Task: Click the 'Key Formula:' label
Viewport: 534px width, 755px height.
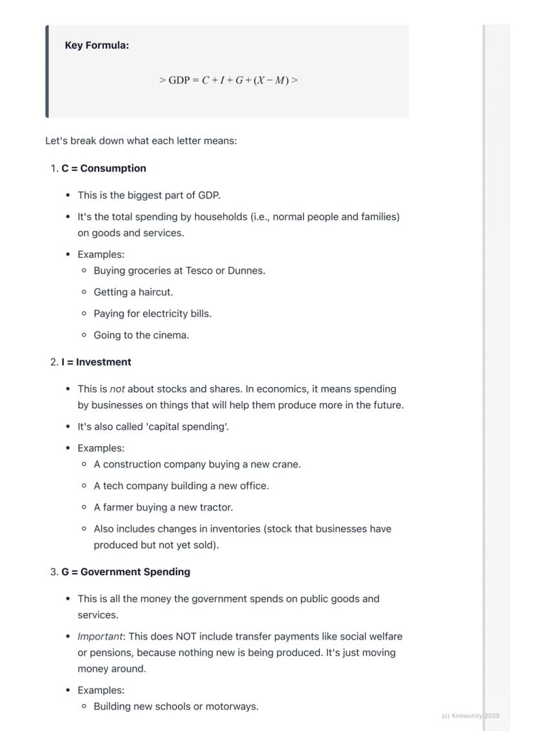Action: coord(97,46)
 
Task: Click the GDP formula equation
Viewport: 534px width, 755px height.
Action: coord(228,81)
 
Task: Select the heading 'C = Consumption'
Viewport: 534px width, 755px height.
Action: coord(104,168)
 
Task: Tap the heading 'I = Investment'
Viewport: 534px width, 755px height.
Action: coord(96,362)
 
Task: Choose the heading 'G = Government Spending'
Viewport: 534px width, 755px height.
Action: coord(126,572)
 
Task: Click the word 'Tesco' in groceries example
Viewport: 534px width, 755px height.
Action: coord(199,271)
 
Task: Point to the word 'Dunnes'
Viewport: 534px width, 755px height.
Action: coord(245,271)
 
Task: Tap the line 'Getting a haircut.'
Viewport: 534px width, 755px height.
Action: coord(133,292)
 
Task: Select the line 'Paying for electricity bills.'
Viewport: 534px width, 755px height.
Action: coord(153,314)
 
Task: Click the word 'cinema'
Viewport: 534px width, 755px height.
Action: coord(171,335)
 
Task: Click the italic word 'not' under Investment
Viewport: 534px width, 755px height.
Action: coord(117,389)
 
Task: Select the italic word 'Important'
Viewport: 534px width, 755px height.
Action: coord(100,637)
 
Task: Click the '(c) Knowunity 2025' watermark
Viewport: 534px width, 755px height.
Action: coord(471,716)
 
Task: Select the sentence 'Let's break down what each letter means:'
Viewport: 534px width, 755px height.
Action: coord(141,141)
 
